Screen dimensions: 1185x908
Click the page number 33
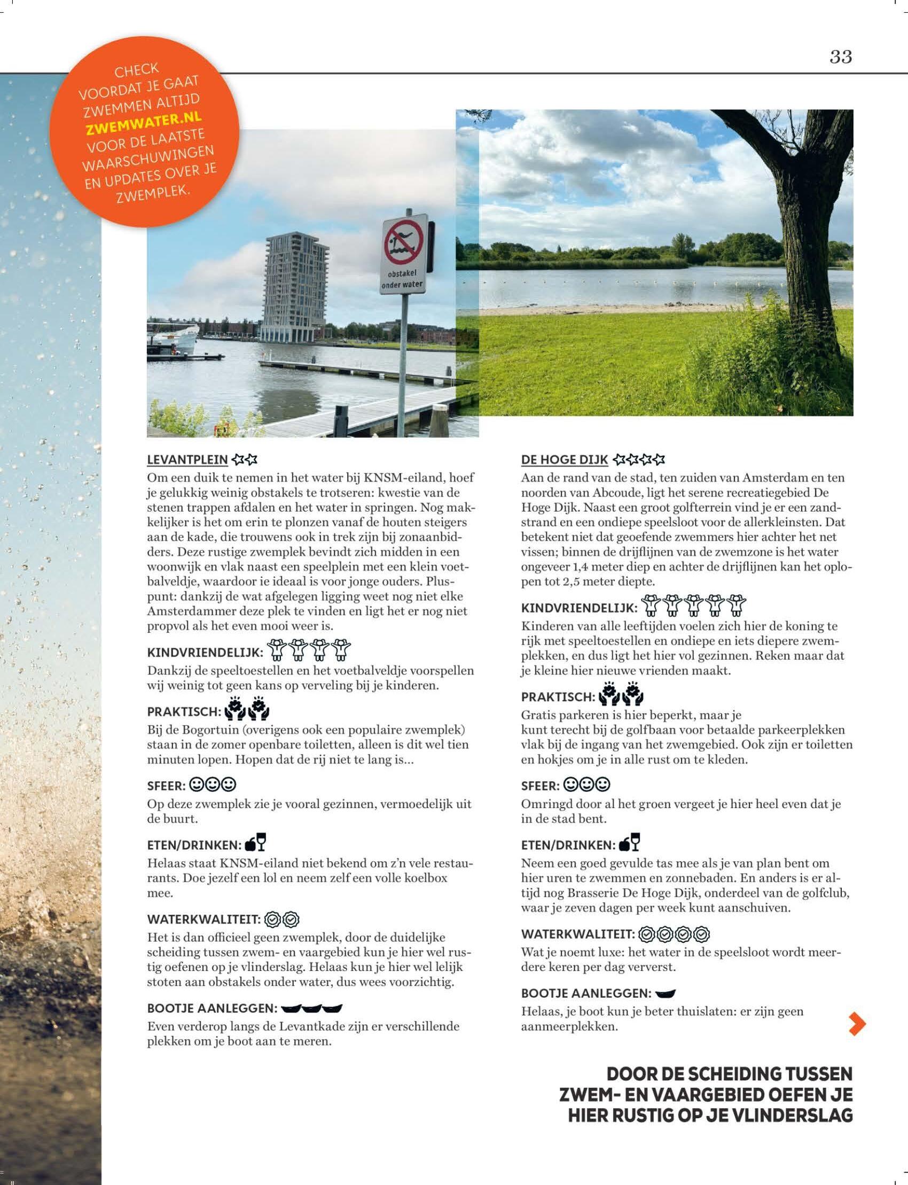[x=841, y=57]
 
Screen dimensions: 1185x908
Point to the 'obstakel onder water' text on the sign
[x=402, y=279]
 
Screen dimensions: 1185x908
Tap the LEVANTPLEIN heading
[x=187, y=460]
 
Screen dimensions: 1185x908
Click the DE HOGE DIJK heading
[x=564, y=460]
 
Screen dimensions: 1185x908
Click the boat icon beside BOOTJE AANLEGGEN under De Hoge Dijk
[x=666, y=993]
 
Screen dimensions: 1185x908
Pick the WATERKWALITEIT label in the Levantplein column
[x=204, y=919]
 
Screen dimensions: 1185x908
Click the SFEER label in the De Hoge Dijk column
[x=540, y=785]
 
